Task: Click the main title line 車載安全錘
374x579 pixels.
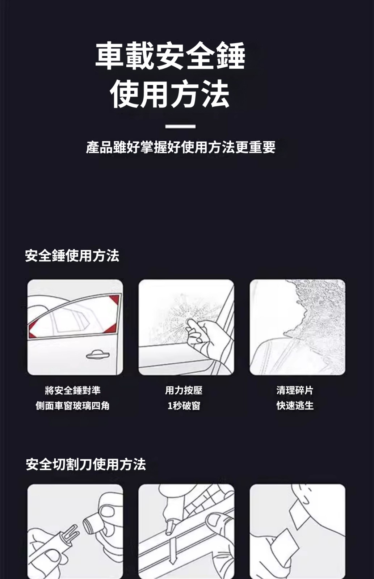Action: (170, 56)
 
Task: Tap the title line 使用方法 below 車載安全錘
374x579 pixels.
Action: (170, 94)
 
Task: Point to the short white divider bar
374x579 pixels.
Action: (180, 126)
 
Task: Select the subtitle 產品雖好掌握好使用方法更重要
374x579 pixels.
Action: (181, 147)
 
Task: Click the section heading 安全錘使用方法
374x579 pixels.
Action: (72, 256)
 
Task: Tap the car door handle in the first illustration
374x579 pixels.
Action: (98, 355)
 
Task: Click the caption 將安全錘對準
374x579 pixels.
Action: (73, 390)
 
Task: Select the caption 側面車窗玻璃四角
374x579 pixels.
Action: (73, 406)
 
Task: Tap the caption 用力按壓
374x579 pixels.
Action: (184, 390)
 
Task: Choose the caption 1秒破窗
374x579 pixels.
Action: (184, 406)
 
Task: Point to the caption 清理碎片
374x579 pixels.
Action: (295, 390)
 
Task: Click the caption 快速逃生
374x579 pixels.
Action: (295, 406)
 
